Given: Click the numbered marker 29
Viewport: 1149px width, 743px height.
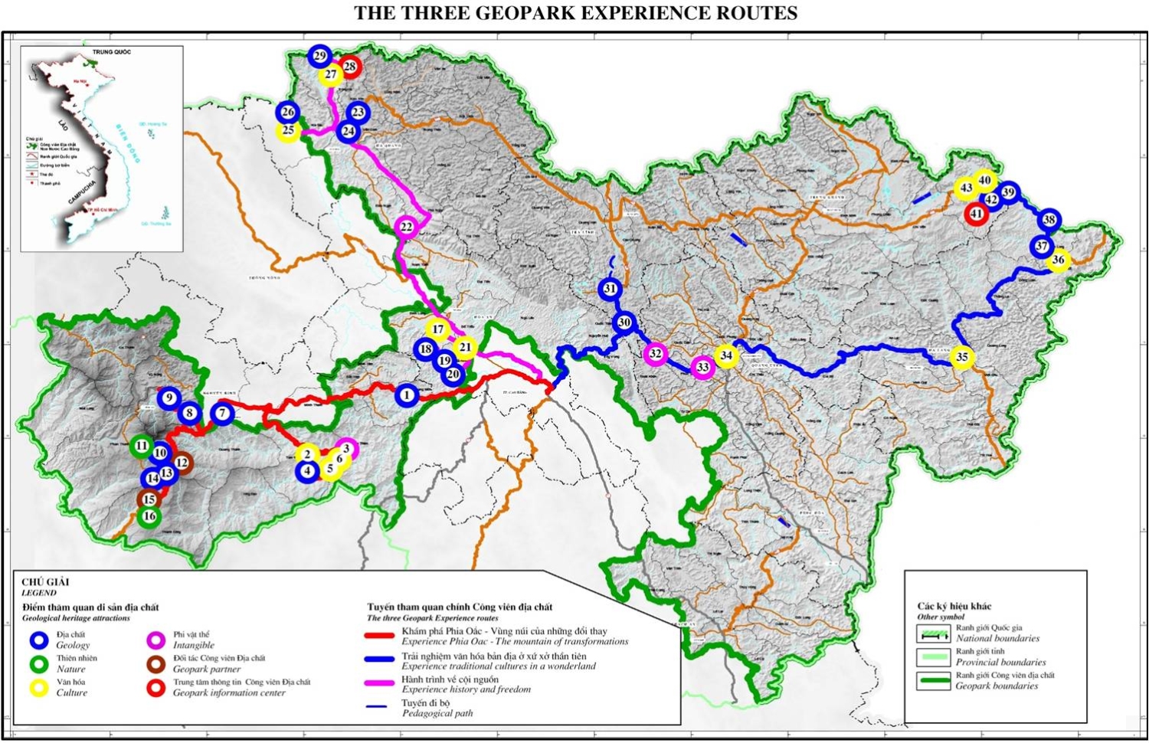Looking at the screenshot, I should coord(320,56).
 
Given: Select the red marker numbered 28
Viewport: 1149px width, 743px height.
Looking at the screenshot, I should coord(350,67).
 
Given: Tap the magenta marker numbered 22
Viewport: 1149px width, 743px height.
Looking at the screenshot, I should coord(406,227).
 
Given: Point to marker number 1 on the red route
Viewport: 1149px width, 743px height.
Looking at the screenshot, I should coord(407,395).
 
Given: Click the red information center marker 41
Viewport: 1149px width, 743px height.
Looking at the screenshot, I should coord(976,214).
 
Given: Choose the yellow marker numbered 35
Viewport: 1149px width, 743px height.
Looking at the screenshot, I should coord(962,357).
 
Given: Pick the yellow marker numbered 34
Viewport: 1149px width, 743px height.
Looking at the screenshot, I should coord(726,355).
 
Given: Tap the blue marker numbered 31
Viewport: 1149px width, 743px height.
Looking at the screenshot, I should coord(610,289).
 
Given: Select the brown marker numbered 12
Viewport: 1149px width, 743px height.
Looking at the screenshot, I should coord(182,463).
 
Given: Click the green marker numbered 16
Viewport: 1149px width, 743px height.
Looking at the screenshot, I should coord(149,516).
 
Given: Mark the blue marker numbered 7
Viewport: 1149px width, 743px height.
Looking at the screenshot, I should coord(222,414).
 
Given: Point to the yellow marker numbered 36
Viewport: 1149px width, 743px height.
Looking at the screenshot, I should coord(1058,260).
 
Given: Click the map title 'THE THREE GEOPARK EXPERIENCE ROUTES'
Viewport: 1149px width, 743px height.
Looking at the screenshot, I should coord(575,13).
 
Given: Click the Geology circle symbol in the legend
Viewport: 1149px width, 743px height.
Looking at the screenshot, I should coord(39,640).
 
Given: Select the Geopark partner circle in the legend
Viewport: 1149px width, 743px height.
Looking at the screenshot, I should coord(156,663).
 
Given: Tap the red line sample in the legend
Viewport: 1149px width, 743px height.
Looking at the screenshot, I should coord(378,636).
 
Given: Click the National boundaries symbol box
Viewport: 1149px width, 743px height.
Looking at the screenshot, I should coord(932,633).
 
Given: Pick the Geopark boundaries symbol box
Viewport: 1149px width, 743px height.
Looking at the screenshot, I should coord(932,681).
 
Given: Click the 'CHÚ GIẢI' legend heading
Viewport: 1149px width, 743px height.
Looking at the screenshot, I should coord(45,582).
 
